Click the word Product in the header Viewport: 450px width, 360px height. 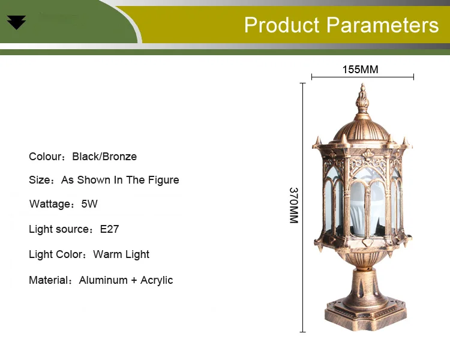pos(281,25)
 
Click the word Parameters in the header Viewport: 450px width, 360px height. pos(383,25)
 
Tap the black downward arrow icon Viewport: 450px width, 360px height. pos(16,23)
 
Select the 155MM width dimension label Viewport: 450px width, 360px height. pos(361,70)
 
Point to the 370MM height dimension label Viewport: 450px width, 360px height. pos(294,205)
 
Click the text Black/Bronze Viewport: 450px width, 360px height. pos(104,157)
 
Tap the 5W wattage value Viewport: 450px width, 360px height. pos(89,204)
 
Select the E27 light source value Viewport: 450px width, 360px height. pos(109,229)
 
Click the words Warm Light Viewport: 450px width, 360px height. pos(121,254)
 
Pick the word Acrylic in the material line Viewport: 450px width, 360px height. pos(157,280)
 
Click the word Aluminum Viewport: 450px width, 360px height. pos(103,280)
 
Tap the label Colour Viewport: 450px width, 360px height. pos(46,157)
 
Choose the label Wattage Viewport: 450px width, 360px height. pos(50,204)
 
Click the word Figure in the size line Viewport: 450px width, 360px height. pos(163,180)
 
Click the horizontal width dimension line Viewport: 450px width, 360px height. pos(363,77)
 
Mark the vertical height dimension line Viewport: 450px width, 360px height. pos(303,208)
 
